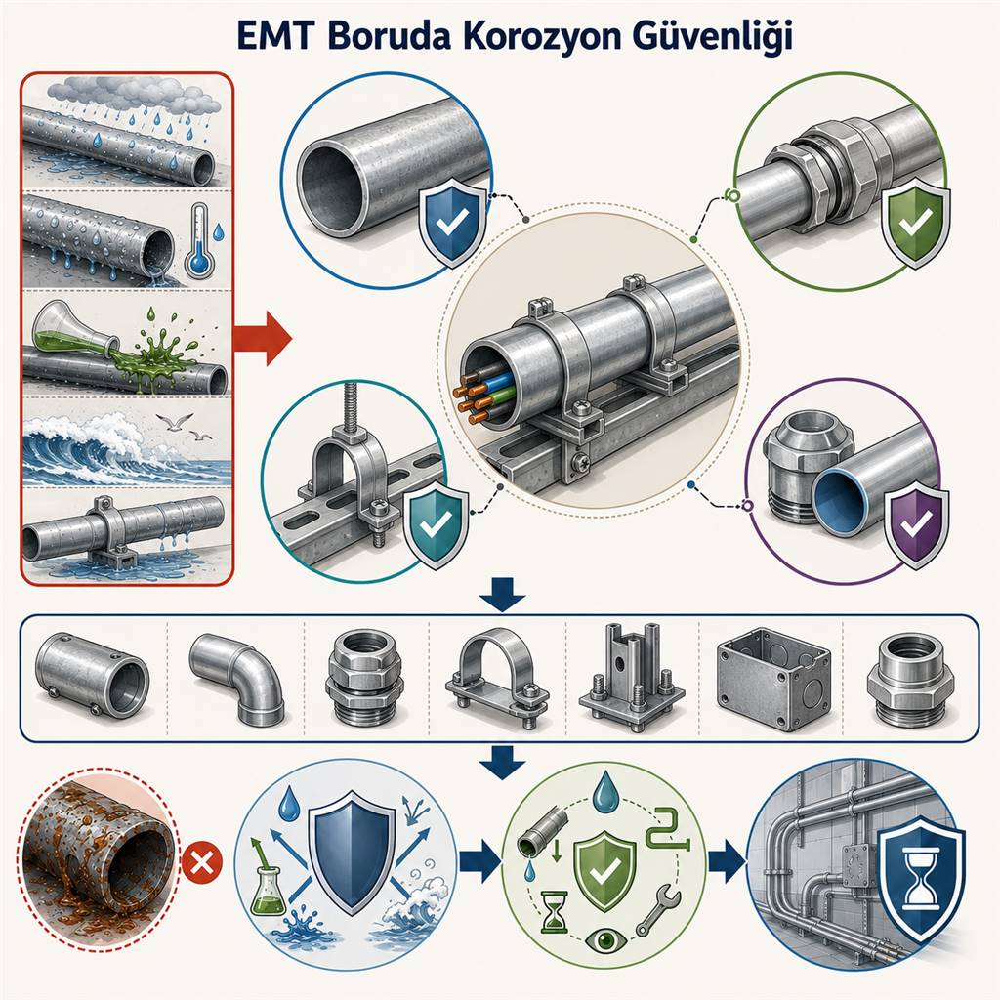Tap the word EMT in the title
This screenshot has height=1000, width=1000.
[274, 36]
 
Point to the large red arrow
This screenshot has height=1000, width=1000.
[262, 338]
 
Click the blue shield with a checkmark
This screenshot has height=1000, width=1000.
[452, 222]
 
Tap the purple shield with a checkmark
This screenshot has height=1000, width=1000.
[916, 523]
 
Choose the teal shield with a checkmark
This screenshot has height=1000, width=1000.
[437, 524]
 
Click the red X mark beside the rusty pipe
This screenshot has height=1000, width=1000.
[202, 865]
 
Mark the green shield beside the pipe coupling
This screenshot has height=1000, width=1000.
[915, 222]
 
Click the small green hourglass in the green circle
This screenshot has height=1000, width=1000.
[553, 911]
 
